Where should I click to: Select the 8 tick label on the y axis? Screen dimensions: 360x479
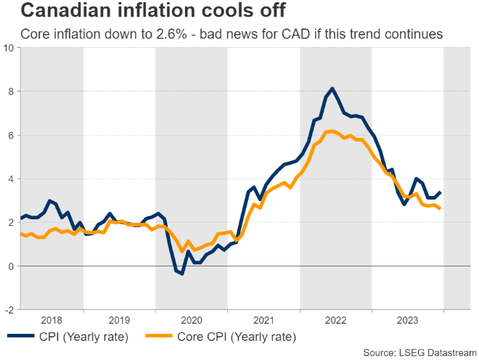pos(11,91)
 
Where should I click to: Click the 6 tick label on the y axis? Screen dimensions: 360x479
pos(11,135)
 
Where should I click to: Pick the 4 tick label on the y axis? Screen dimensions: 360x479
pos(11,179)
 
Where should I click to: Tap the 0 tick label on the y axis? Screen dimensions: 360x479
pos(11,266)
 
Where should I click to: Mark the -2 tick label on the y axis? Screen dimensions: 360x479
pos(9,310)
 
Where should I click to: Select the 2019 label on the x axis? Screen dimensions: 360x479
pos(119,319)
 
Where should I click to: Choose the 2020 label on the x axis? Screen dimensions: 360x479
pos(191,319)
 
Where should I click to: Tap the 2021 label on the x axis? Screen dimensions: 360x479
pos(263,319)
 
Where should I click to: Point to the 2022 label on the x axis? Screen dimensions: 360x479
pos(335,319)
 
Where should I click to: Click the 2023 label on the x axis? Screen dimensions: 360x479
pos(407,319)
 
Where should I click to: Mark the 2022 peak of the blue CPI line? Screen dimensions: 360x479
pos(332,89)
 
